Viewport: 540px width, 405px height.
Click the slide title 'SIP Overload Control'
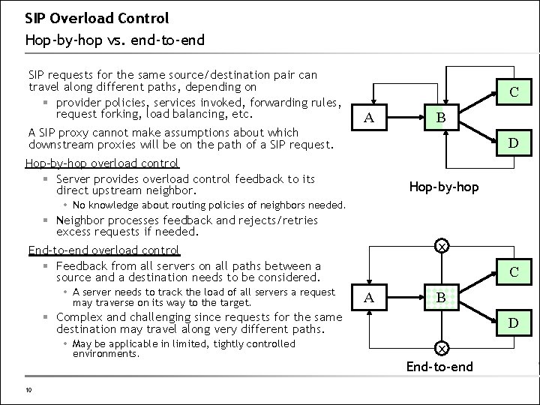(x=97, y=17)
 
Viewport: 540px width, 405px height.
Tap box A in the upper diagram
(x=368, y=117)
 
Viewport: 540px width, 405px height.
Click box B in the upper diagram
(x=442, y=117)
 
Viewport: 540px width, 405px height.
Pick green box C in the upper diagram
(x=514, y=92)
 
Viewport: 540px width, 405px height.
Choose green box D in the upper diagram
(x=514, y=142)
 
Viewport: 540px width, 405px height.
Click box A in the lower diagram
(x=368, y=297)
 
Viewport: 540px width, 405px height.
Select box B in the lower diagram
(x=442, y=297)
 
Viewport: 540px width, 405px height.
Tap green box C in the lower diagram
(x=514, y=272)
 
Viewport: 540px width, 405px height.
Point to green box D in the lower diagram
(x=514, y=323)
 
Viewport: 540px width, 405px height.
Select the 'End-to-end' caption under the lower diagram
(x=441, y=366)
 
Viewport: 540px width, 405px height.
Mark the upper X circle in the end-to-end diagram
(x=442, y=246)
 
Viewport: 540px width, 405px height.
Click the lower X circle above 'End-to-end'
(x=442, y=349)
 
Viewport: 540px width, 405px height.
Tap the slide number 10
(x=28, y=389)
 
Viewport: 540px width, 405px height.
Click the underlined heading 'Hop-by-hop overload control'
(x=102, y=163)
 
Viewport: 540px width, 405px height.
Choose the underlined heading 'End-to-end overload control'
(x=103, y=250)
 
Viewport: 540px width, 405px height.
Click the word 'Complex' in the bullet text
(x=81, y=316)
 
